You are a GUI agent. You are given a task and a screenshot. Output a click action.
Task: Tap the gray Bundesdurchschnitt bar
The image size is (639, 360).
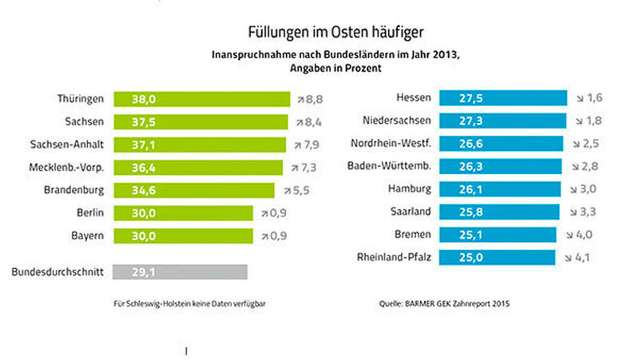point(181,272)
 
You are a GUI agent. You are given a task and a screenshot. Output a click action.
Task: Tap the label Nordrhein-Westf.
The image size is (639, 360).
point(391,144)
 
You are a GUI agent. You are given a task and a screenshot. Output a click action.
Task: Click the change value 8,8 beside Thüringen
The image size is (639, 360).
point(313,99)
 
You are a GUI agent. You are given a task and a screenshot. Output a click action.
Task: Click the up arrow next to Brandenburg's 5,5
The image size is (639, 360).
point(287,191)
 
